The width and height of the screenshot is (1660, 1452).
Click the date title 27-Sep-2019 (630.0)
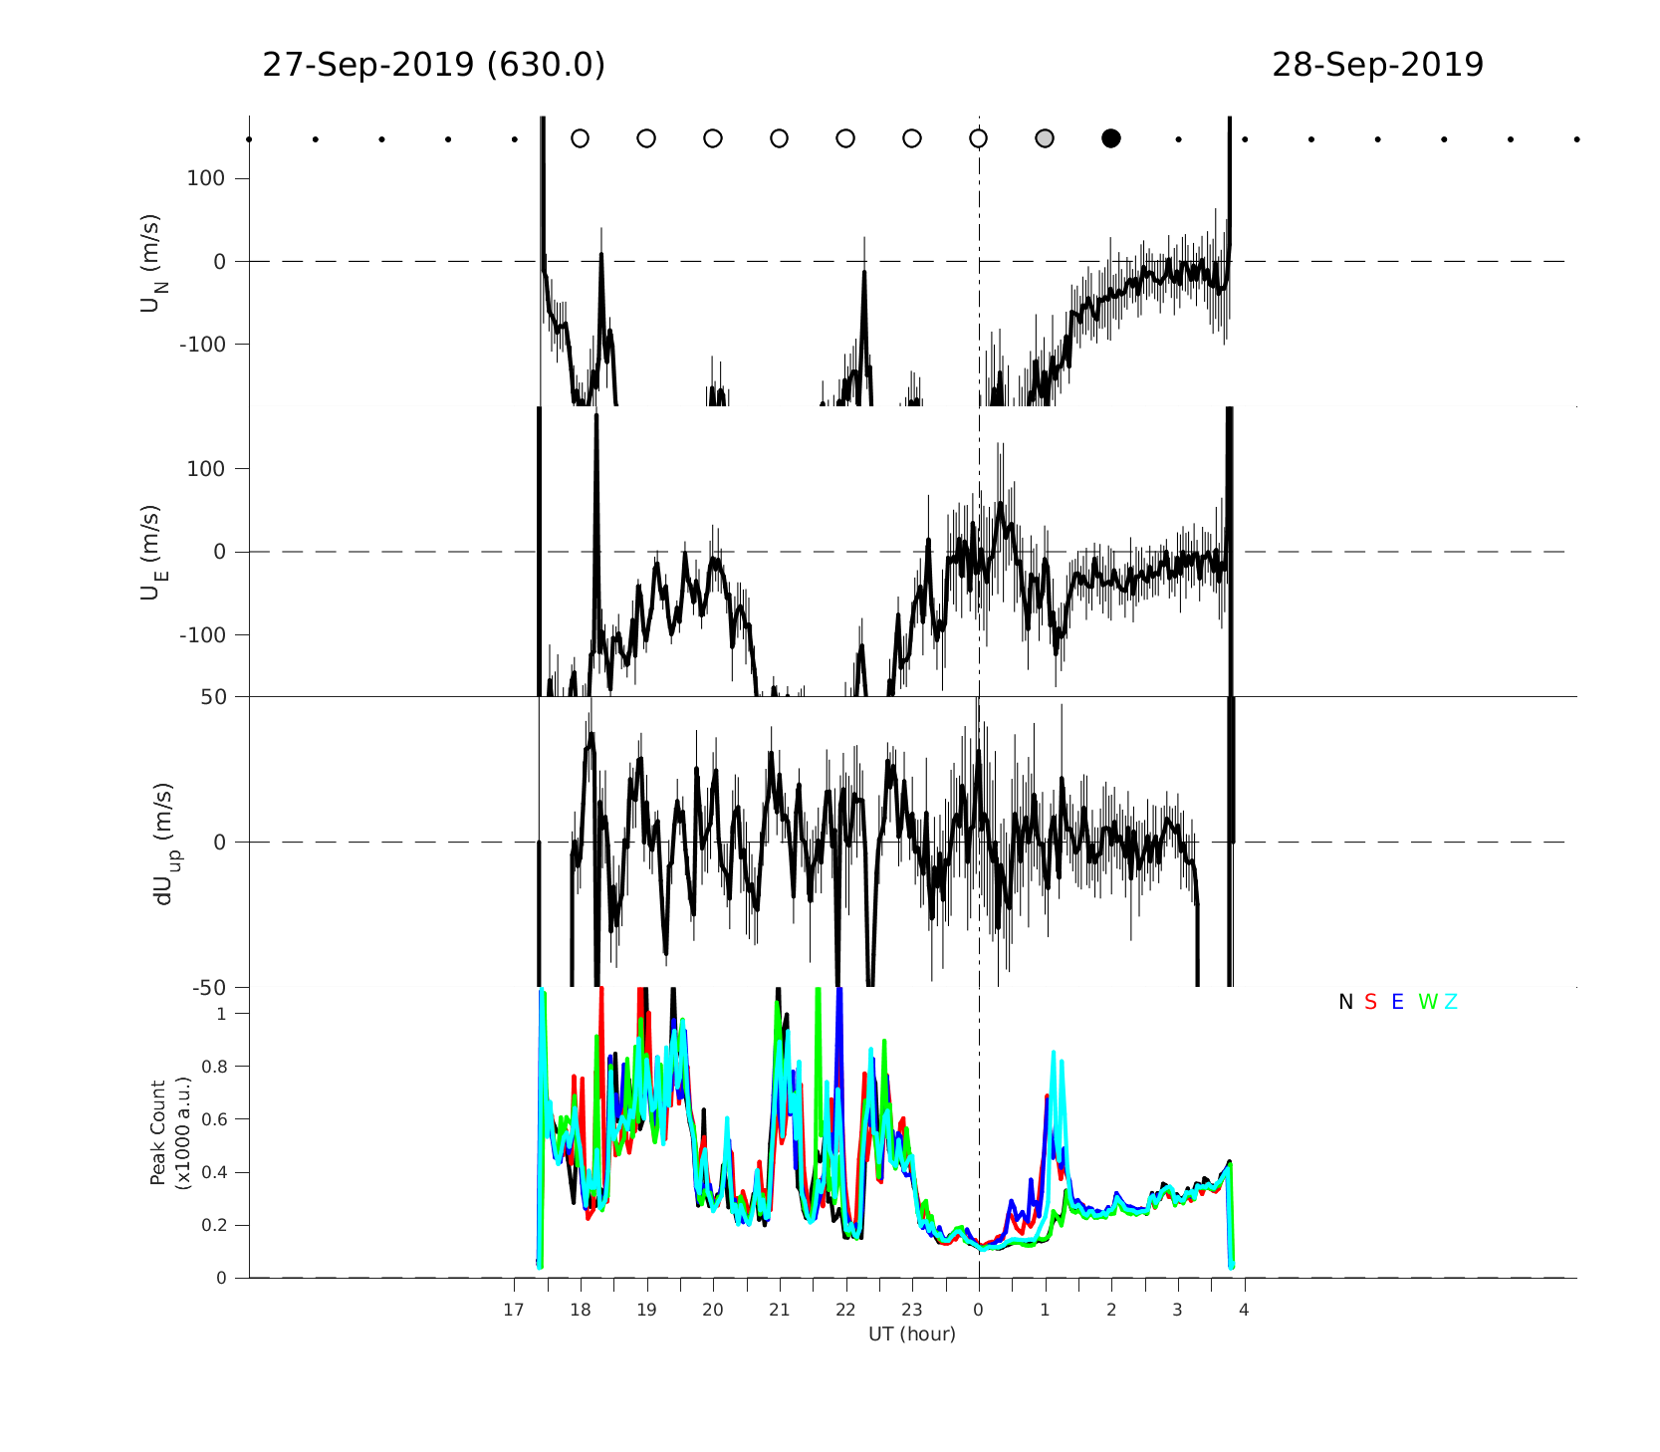[x=433, y=65]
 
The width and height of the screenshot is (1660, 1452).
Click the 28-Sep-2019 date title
[x=1377, y=65]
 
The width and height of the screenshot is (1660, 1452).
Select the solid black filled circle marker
[x=1111, y=138]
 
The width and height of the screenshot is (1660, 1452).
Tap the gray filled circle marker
[x=1045, y=138]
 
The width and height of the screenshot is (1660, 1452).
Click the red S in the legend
[x=1370, y=1002]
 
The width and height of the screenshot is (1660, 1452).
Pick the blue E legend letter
[x=1397, y=1002]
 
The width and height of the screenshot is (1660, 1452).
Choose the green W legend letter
[x=1427, y=1002]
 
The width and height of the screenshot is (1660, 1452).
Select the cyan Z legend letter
[x=1451, y=1002]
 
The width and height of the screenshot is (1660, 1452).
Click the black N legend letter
[x=1345, y=1002]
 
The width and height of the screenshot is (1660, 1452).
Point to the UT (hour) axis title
[x=911, y=1333]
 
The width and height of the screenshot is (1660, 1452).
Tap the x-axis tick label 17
[x=513, y=1310]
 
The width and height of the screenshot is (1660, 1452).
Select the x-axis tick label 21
[x=779, y=1310]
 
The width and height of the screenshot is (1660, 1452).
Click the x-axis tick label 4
[x=1244, y=1310]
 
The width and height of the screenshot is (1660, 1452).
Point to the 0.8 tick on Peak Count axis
[x=214, y=1067]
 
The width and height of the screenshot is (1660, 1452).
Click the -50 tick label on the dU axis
[x=208, y=988]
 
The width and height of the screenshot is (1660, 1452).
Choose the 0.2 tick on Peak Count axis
[x=214, y=1225]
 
